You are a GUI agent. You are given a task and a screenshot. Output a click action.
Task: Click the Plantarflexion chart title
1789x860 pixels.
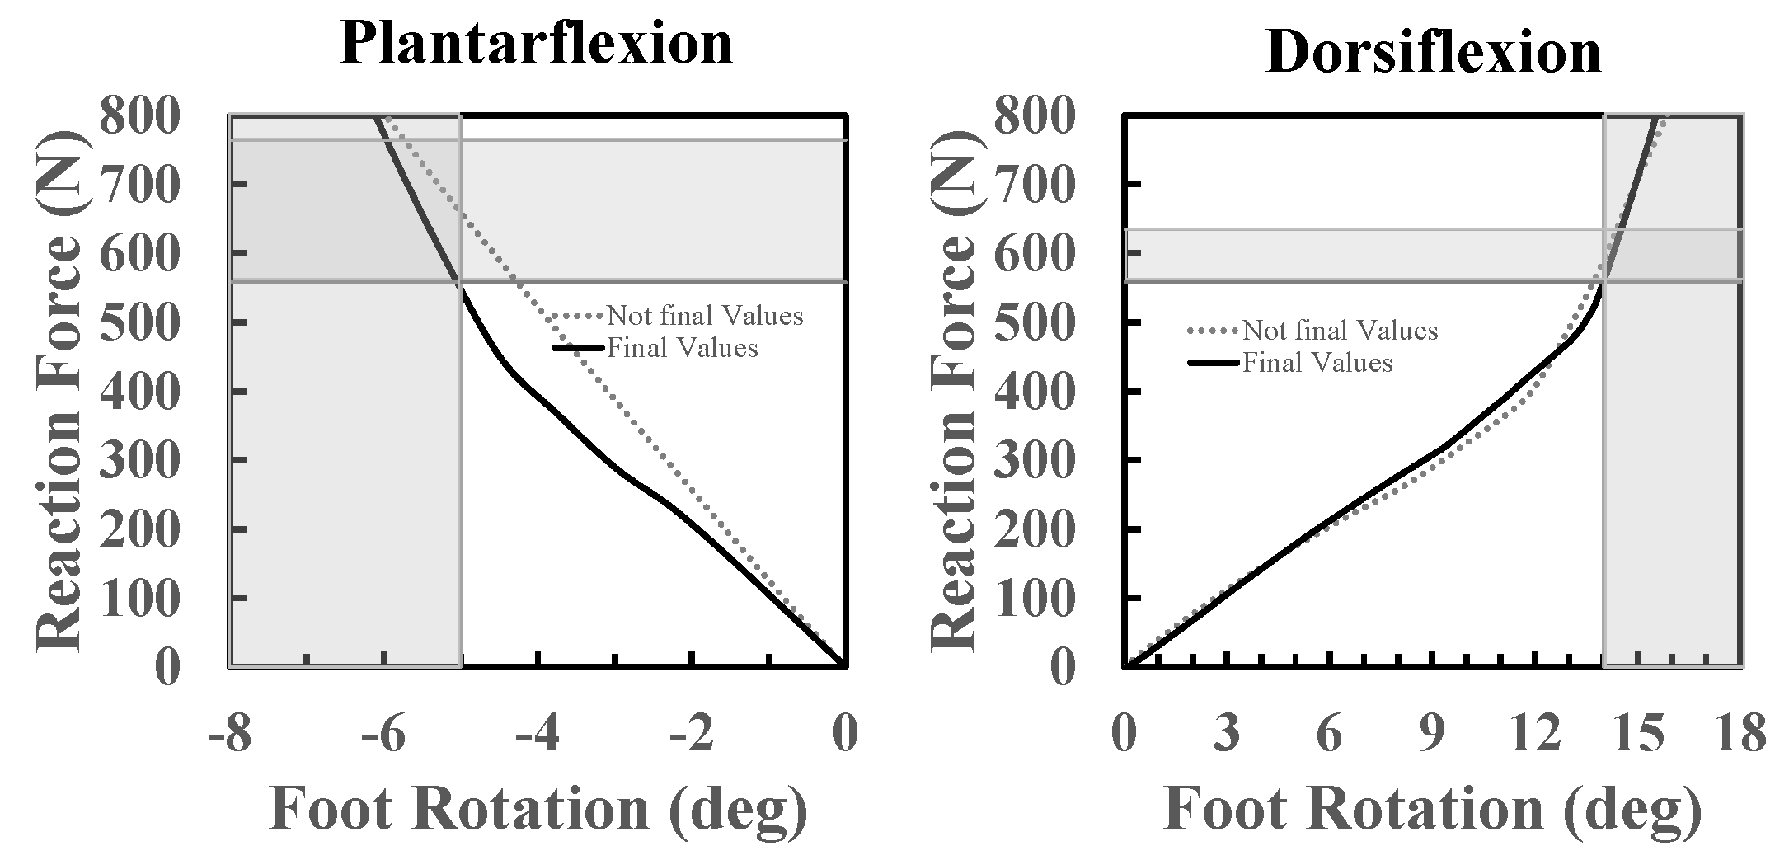coord(536,43)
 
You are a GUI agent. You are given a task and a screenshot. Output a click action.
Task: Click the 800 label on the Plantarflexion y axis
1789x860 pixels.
coord(139,115)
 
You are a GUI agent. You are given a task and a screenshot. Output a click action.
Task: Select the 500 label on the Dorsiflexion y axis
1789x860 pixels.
coord(1035,322)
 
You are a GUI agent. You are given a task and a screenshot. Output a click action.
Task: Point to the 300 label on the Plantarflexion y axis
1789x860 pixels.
coord(139,460)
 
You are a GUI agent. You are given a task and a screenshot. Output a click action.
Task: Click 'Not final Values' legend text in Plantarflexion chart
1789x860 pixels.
coord(705,316)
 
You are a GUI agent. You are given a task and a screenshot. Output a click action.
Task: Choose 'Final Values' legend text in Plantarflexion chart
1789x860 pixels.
coord(682,348)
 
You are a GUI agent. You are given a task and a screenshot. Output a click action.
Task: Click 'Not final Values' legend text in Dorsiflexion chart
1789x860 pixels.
coord(1340,331)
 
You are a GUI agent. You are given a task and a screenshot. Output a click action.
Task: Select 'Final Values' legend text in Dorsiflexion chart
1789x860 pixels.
coord(1317,363)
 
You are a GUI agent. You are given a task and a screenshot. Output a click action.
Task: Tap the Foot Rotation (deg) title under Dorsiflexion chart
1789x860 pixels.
coord(1433,808)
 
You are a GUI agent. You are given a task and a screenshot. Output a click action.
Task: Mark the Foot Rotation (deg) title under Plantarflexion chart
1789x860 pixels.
coord(538,808)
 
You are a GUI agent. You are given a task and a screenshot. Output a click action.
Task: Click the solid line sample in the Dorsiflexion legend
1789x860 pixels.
coord(1213,363)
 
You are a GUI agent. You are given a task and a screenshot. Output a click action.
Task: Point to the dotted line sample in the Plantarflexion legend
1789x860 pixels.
coord(579,316)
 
